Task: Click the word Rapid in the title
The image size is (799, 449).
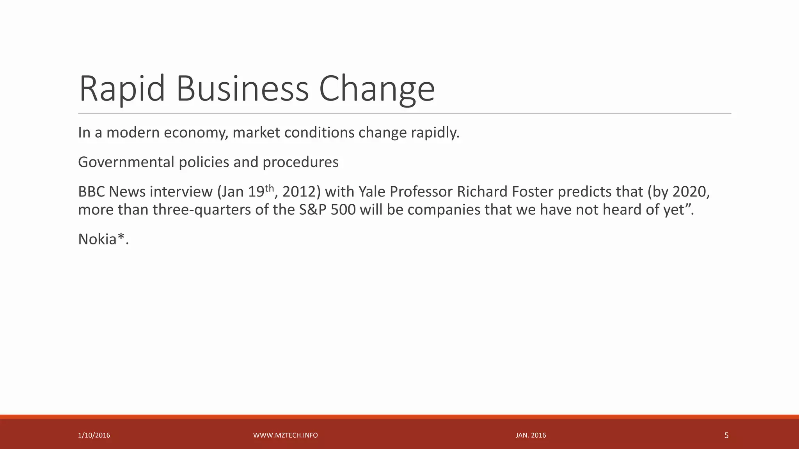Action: pyautogui.click(x=122, y=89)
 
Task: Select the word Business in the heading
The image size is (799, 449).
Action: pyautogui.click(x=242, y=89)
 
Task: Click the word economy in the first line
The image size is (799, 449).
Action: pyautogui.click(x=195, y=133)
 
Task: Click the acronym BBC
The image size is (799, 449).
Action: pyautogui.click(x=91, y=192)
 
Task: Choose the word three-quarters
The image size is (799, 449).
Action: pyautogui.click(x=202, y=210)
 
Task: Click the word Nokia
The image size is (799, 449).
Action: pyautogui.click(x=98, y=239)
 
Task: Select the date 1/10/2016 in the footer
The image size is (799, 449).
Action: pyautogui.click(x=94, y=435)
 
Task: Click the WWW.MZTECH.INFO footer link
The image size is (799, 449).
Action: pyautogui.click(x=286, y=435)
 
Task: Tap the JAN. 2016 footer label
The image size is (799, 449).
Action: pyautogui.click(x=531, y=435)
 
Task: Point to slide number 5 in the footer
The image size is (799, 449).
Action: pyautogui.click(x=726, y=435)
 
